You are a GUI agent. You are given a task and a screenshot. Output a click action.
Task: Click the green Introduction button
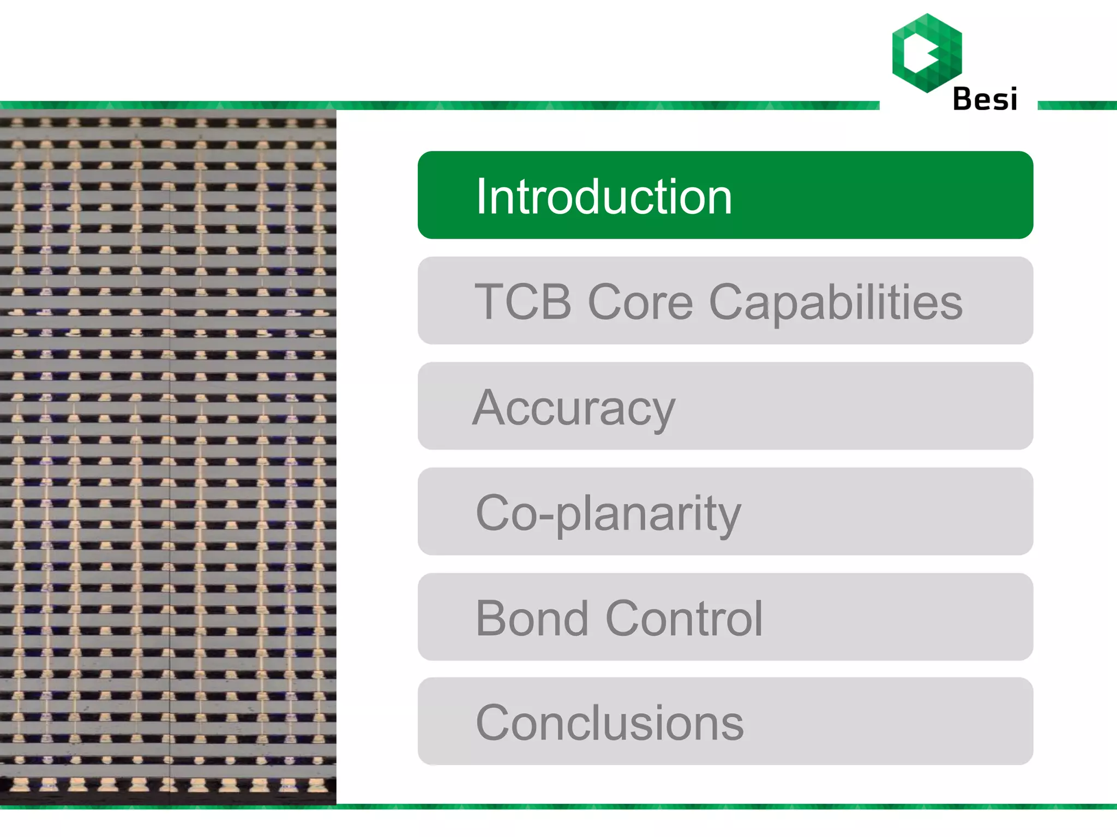(x=725, y=195)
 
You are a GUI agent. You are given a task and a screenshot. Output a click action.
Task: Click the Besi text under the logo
(x=985, y=99)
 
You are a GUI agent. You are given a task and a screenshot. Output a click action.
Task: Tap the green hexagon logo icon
(x=927, y=53)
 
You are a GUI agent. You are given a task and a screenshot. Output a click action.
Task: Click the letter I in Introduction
(x=480, y=196)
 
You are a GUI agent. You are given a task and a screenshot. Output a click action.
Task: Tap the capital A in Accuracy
(x=492, y=407)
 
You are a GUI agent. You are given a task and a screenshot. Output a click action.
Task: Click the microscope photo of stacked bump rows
(x=168, y=457)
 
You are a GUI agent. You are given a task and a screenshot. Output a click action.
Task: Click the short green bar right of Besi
(x=1077, y=105)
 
